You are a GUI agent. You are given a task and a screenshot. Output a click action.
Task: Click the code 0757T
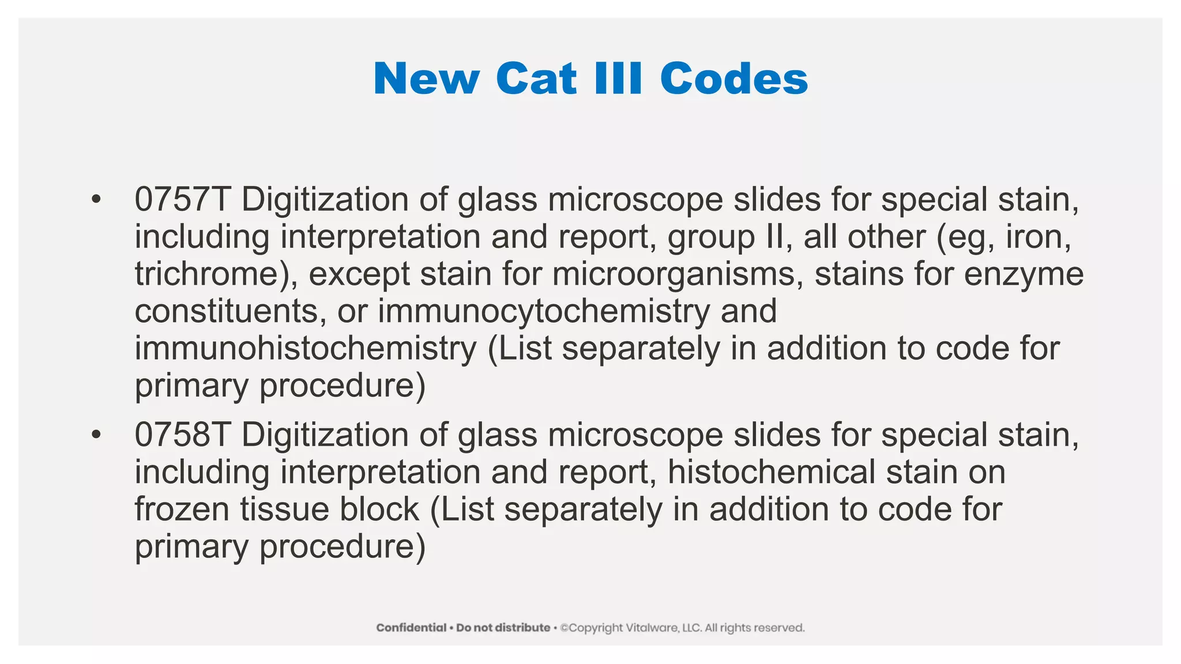pyautogui.click(x=182, y=200)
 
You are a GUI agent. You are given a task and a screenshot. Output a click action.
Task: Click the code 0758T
pyautogui.click(x=182, y=435)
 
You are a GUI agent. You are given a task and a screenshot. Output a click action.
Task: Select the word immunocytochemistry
pyautogui.click(x=544, y=311)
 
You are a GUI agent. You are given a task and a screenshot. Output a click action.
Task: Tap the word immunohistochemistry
pyautogui.click(x=306, y=349)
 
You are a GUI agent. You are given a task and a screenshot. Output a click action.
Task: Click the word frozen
pyautogui.click(x=182, y=510)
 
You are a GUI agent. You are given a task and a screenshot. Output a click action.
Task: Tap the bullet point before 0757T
pyautogui.click(x=96, y=200)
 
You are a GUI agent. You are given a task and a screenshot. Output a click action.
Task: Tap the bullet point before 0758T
pyautogui.click(x=96, y=435)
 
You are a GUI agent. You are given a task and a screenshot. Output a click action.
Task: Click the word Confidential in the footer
pyautogui.click(x=411, y=628)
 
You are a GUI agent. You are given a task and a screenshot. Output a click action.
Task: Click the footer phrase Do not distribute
pyautogui.click(x=503, y=628)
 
